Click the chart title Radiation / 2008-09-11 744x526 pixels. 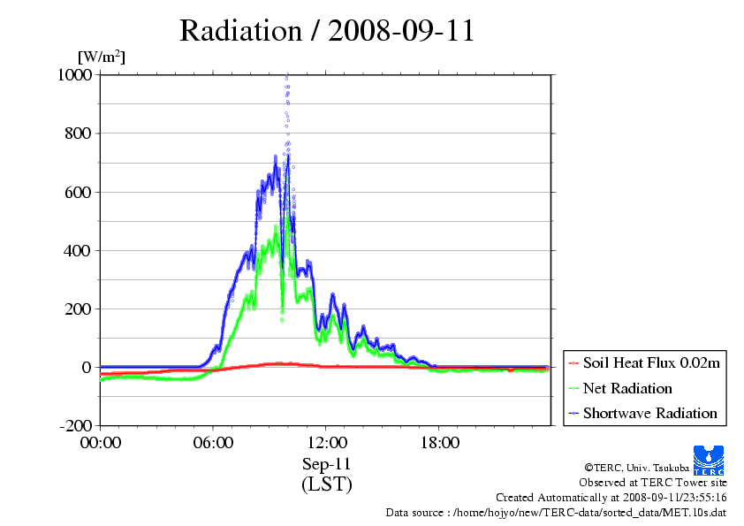[327, 31]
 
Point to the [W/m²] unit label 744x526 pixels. [102, 57]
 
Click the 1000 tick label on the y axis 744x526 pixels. [75, 74]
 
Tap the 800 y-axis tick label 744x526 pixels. [78, 133]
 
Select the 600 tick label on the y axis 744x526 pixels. [78, 192]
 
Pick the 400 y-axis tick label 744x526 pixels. [78, 251]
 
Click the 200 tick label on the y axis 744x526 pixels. [78, 309]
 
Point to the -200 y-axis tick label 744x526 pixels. [75, 425]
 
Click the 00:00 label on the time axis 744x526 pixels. [101, 443]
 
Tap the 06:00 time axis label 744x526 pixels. [213, 443]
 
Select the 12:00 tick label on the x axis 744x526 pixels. [326, 443]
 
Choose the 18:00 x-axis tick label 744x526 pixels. [439, 443]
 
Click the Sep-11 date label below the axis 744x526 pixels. [326, 464]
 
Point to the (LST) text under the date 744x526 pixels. [326, 484]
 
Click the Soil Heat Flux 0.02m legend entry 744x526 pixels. [644, 363]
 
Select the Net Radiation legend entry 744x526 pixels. [620, 388]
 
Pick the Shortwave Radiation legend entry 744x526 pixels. [643, 413]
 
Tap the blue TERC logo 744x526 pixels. [709, 461]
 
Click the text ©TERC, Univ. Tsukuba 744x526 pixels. [637, 468]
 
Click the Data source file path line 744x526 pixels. [556, 513]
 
